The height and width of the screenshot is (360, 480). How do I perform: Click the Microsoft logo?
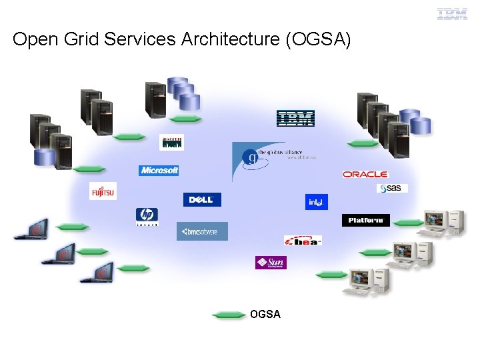159,171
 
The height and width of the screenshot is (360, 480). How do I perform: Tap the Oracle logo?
365,175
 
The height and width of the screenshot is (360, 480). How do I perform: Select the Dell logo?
201,200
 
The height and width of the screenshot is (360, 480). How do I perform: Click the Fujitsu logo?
103,191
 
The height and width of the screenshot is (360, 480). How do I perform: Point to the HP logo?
147,217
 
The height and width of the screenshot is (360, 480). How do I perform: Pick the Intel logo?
317,202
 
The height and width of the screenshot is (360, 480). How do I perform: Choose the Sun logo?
271,263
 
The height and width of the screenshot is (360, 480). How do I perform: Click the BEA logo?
303,240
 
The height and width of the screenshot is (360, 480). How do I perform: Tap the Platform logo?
365,220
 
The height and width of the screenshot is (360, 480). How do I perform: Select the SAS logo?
392,189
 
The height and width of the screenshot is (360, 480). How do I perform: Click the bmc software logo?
202,231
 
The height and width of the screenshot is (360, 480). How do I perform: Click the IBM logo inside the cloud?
295,119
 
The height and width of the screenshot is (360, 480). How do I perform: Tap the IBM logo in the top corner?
452,14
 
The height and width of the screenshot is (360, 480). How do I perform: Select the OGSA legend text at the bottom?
265,314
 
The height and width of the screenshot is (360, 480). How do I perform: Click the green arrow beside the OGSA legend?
229,315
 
